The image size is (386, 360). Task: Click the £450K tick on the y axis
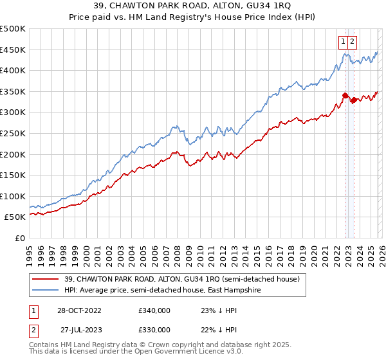pyautogui.click(x=14, y=50)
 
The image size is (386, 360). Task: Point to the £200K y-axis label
pyautogui.click(x=14, y=154)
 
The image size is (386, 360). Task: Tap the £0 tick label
pyautogui.click(x=19, y=238)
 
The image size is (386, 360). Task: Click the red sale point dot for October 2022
pyautogui.click(x=345, y=96)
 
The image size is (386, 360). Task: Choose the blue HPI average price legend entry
pyautogui.click(x=170, y=291)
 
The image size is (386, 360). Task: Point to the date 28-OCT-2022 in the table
pyautogui.click(x=83, y=310)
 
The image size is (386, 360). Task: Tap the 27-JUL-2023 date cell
pyautogui.click(x=83, y=329)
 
